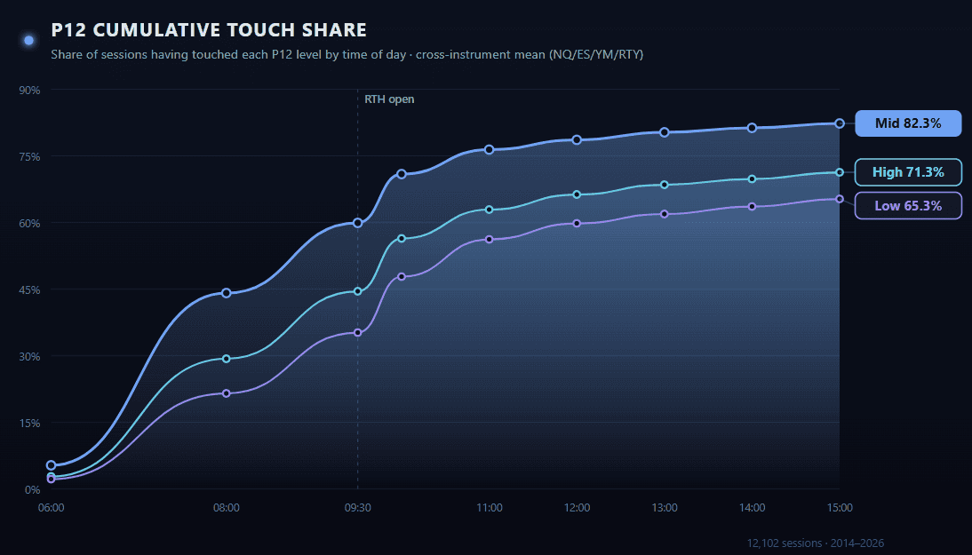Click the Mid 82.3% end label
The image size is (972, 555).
pos(908,123)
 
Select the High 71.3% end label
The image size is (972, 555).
pos(908,172)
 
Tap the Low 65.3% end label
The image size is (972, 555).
pos(908,206)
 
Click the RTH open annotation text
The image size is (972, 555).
pos(389,99)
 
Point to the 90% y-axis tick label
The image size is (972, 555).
pos(31,90)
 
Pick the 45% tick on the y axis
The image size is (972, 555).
pos(31,289)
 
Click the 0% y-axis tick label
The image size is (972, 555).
pos(34,489)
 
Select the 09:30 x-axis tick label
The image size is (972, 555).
pos(358,508)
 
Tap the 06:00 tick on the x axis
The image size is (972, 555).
pos(52,508)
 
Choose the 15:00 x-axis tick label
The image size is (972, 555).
pos(840,508)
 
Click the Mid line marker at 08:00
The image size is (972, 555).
pos(227,293)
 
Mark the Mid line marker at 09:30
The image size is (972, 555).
pos(358,223)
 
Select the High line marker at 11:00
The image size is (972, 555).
pos(489,210)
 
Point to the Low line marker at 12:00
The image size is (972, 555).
pos(577,224)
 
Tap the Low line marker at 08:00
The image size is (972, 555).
pos(227,393)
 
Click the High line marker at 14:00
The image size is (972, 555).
pos(752,179)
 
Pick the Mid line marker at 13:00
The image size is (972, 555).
pos(664,132)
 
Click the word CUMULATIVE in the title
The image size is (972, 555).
pos(162,30)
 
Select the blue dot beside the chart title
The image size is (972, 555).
pos(28,40)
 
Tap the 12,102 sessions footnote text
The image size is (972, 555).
pos(816,543)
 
